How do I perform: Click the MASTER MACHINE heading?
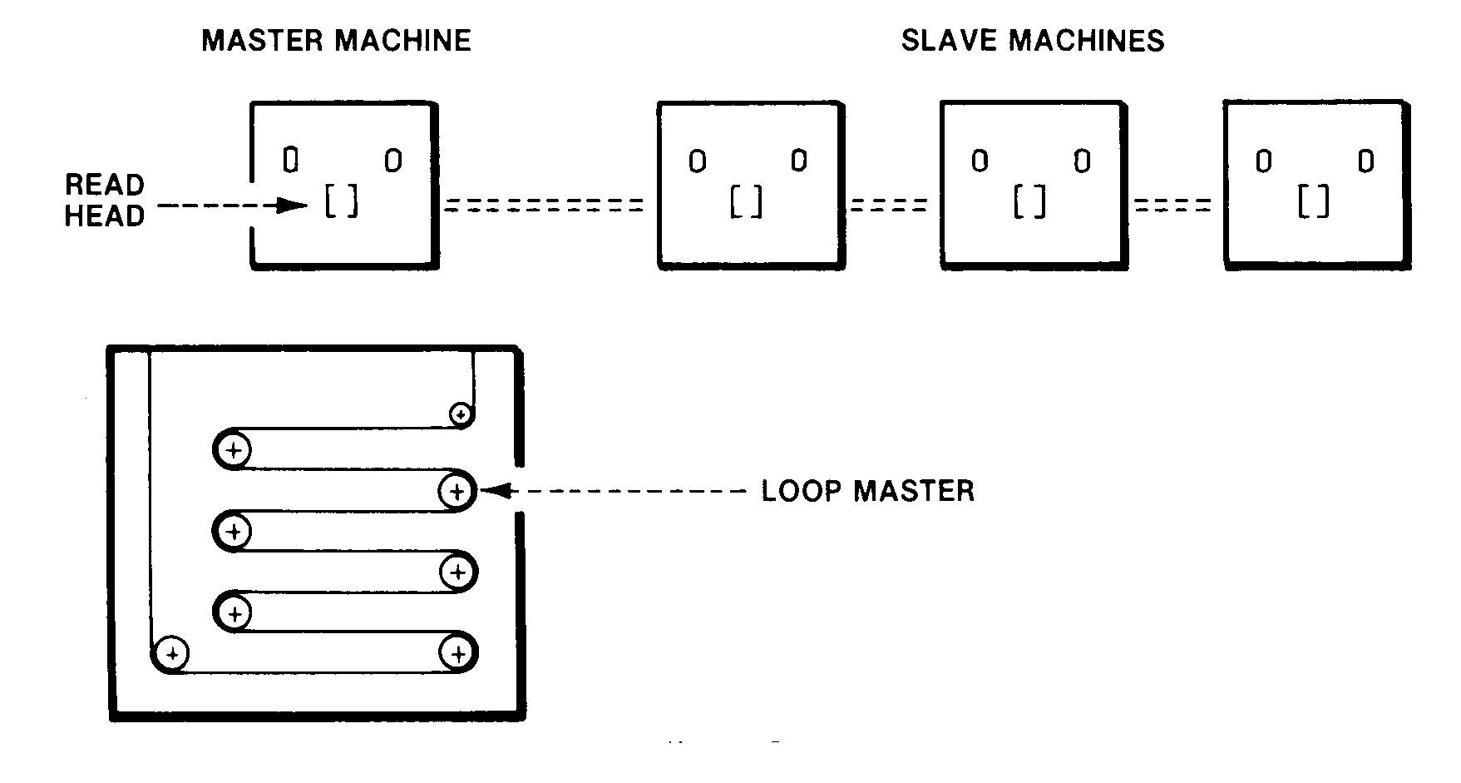(x=336, y=41)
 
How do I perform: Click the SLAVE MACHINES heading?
(x=1033, y=41)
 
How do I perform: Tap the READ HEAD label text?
(x=105, y=201)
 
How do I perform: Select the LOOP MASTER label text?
(x=867, y=491)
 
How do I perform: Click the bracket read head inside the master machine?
(x=341, y=201)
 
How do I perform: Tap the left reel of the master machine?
(x=290, y=160)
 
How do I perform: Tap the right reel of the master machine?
(x=393, y=160)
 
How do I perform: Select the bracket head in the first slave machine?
(x=746, y=201)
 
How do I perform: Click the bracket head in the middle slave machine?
(x=1029, y=201)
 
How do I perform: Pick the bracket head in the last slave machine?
(x=1313, y=201)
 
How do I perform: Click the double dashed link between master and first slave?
(x=545, y=205)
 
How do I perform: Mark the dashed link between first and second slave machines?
(x=889, y=205)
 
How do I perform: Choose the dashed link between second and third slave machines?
(x=1172, y=205)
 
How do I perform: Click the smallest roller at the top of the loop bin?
(x=461, y=413)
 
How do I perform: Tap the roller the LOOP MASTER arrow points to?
(x=457, y=491)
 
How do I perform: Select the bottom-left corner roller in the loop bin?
(x=172, y=654)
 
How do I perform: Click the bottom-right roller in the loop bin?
(x=457, y=654)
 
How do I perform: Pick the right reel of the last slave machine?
(x=1366, y=161)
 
